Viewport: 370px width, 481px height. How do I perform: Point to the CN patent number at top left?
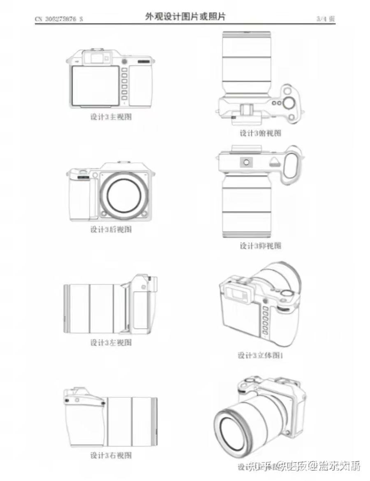coord(59,18)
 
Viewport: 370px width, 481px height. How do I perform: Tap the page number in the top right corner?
coord(326,18)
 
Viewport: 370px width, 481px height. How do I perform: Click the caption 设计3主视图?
coord(111,117)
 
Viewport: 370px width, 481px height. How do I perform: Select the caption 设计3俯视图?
coord(261,133)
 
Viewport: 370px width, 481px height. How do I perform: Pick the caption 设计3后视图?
coord(111,229)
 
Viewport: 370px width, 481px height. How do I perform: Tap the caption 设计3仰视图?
coord(261,245)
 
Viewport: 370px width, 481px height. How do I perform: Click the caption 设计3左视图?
coord(111,342)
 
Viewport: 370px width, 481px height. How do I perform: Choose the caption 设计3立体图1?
coord(261,355)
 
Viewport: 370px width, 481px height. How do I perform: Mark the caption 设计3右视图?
coord(111,455)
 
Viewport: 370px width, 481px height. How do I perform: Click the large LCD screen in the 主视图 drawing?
coord(95,85)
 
